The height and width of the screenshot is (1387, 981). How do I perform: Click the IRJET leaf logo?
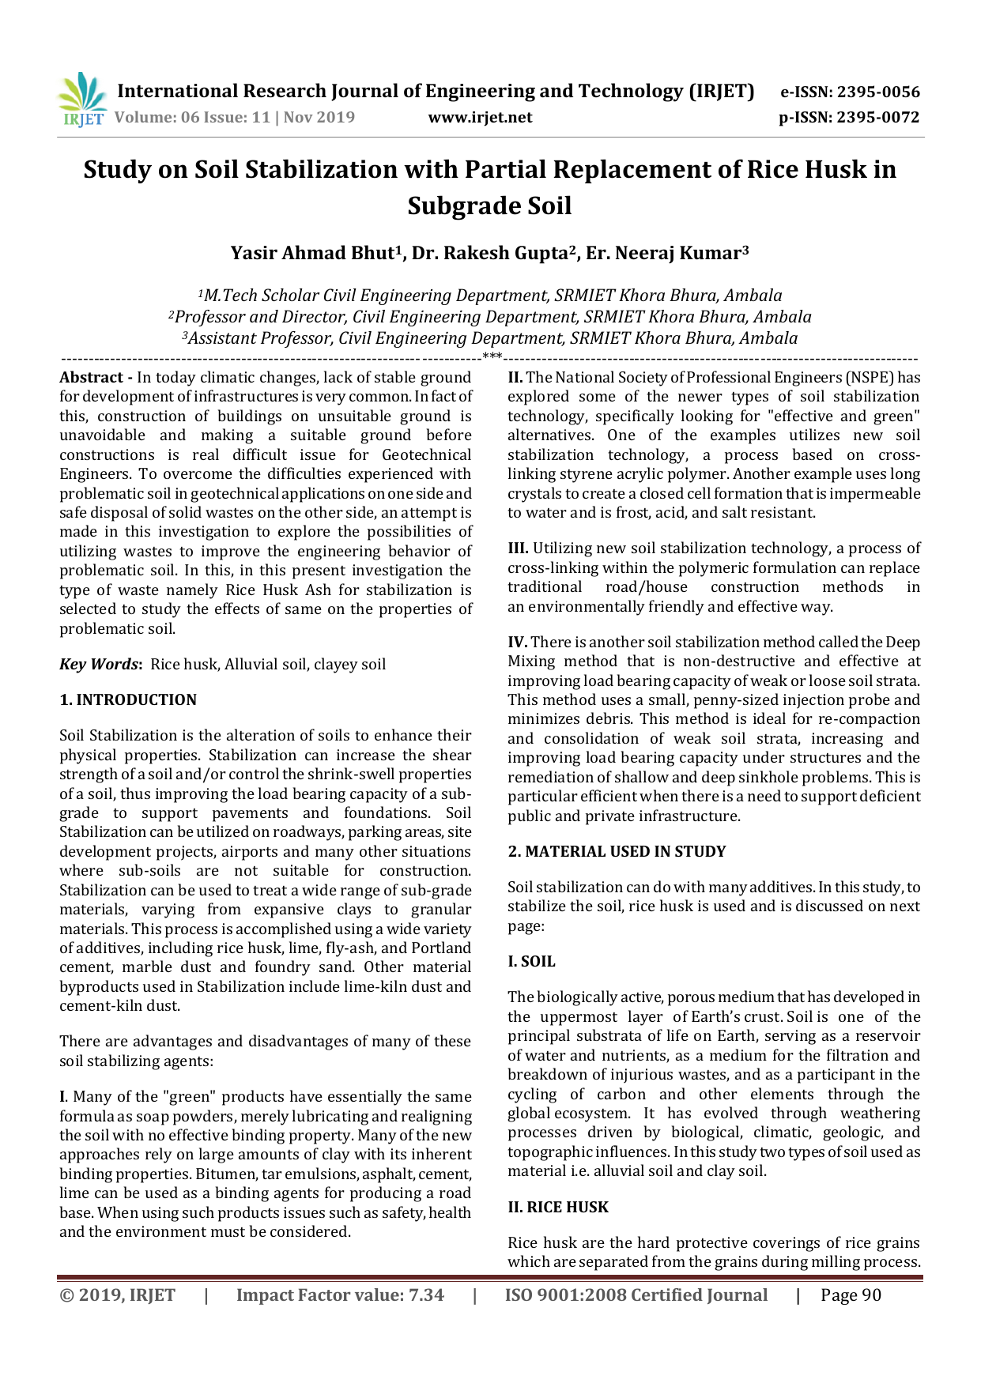(x=81, y=100)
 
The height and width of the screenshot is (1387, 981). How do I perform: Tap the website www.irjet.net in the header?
(x=480, y=118)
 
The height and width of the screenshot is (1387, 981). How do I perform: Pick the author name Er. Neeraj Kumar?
(x=666, y=253)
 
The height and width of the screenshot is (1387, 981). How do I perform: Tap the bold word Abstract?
(x=91, y=378)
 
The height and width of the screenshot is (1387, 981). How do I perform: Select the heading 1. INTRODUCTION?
(x=128, y=700)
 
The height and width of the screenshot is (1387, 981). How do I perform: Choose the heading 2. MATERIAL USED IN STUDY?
(x=617, y=852)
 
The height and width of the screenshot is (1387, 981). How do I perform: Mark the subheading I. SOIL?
(x=531, y=962)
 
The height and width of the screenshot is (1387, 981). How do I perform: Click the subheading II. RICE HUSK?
(x=558, y=1208)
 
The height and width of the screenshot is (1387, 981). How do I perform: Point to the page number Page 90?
(x=851, y=1295)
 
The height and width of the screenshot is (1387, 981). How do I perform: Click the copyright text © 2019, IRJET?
(x=118, y=1295)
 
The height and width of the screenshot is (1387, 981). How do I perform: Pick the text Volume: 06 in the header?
(x=157, y=118)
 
